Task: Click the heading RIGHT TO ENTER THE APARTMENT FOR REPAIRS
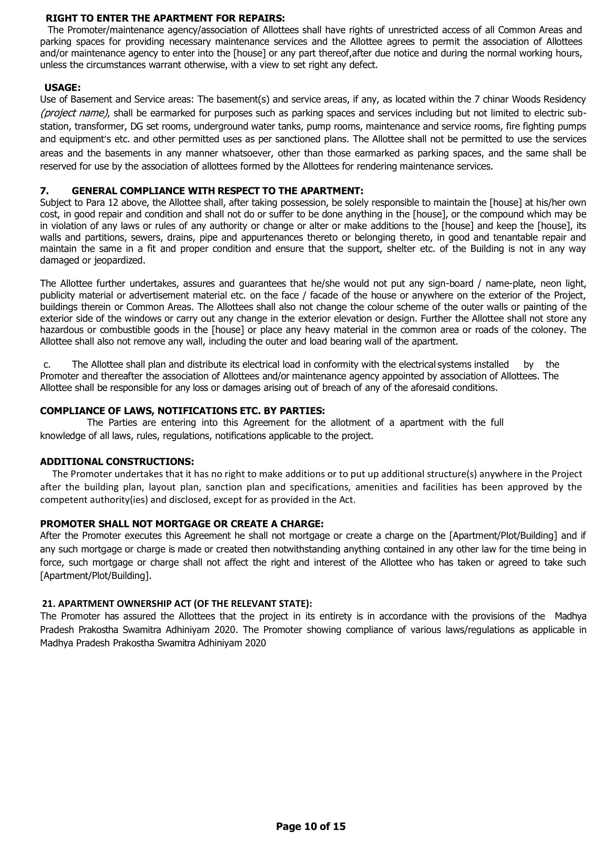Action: (x=165, y=18)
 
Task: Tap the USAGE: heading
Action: (x=62, y=87)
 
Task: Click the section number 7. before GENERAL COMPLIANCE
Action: (x=44, y=191)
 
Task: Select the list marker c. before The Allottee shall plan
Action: (x=47, y=364)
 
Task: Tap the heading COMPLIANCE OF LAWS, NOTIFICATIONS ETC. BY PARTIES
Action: (x=182, y=411)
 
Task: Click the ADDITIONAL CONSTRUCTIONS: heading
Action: (x=117, y=461)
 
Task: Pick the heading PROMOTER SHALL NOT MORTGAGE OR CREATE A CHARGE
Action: (x=182, y=524)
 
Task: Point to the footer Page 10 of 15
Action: (x=311, y=826)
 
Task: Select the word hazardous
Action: (x=61, y=330)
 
